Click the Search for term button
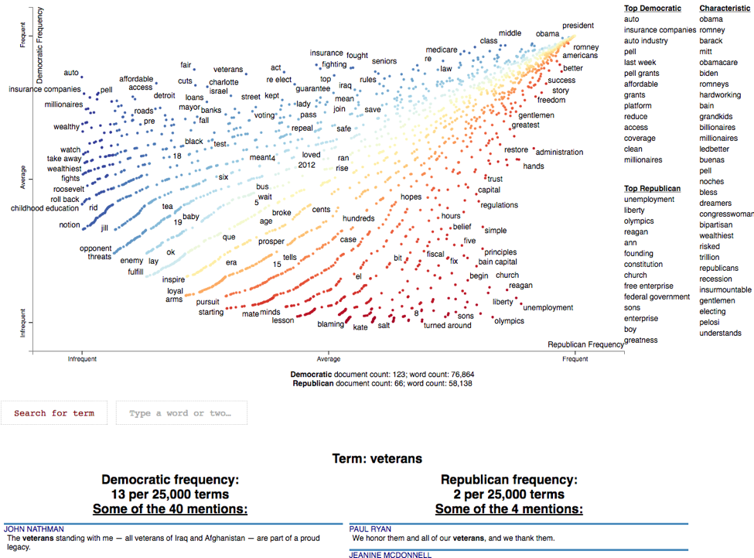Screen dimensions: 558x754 click(x=54, y=413)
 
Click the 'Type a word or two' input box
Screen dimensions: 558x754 click(x=181, y=413)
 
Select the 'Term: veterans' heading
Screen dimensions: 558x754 click(x=377, y=459)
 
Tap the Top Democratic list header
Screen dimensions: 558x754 click(x=653, y=8)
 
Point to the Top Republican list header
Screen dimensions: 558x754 click(x=653, y=188)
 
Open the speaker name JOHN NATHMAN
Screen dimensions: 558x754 click(x=34, y=529)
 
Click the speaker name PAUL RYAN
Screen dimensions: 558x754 click(x=370, y=529)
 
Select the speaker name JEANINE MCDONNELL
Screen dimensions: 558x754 click(x=391, y=554)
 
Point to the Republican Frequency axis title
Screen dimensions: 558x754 click(x=585, y=344)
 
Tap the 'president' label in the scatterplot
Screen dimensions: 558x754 click(x=578, y=26)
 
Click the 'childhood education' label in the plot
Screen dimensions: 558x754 click(x=45, y=208)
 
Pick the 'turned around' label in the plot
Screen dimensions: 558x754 click(x=447, y=326)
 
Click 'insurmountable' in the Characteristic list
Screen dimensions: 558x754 click(x=725, y=289)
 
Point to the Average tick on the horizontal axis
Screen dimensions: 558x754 click(x=329, y=359)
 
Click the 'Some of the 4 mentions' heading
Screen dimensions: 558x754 click(x=509, y=508)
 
